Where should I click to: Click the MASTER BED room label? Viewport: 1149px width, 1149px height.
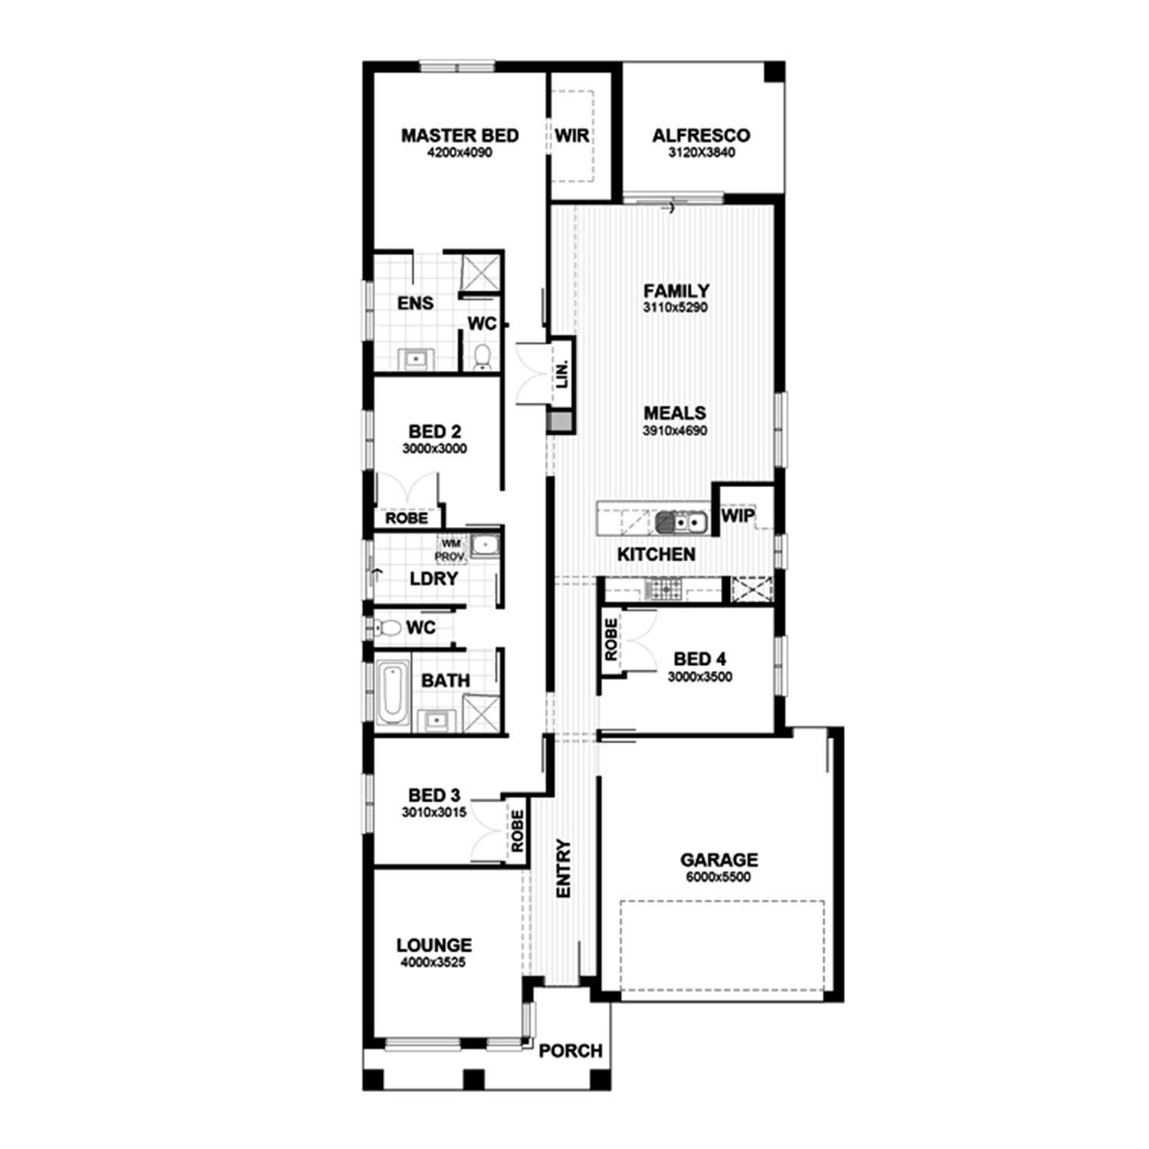[x=460, y=136]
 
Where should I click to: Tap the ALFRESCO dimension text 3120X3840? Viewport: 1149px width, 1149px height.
[x=701, y=152]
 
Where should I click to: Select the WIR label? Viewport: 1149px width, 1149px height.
[x=572, y=136]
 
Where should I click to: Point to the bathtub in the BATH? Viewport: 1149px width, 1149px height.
[x=391, y=693]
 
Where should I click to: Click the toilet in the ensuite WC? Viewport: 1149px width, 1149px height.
[x=482, y=356]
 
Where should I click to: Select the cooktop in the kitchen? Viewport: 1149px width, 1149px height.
[x=663, y=590]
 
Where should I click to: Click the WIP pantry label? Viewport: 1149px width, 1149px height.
[x=737, y=516]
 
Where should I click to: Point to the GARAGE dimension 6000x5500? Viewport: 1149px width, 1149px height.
[x=719, y=877]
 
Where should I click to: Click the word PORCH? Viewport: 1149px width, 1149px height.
[x=571, y=1051]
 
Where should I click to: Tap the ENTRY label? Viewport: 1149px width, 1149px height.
[x=564, y=869]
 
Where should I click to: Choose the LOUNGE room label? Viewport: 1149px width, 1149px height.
[x=434, y=945]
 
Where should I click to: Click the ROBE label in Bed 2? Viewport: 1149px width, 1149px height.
[x=407, y=519]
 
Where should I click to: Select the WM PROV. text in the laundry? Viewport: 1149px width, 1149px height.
[x=450, y=549]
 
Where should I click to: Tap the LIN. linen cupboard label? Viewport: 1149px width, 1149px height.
[x=563, y=373]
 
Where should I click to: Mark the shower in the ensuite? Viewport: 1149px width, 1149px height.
[x=480, y=272]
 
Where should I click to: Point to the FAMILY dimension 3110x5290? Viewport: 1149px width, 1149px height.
[x=676, y=308]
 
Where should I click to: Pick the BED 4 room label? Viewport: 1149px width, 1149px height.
[x=699, y=659]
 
